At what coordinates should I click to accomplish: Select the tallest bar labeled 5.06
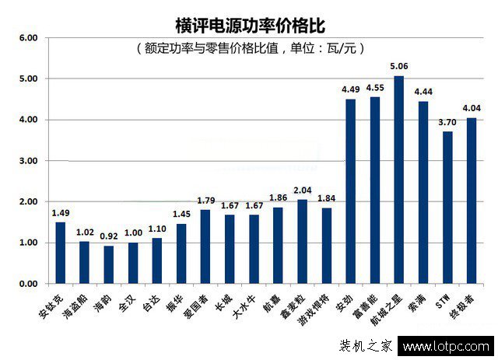click(399, 180)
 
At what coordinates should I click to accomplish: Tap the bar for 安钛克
click(60, 253)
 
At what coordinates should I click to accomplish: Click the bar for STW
click(447, 208)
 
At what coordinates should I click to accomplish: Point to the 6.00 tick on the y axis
click(28, 37)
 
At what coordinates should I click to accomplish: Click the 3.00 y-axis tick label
click(28, 161)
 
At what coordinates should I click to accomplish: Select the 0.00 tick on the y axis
click(28, 284)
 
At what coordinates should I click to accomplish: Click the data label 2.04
click(302, 190)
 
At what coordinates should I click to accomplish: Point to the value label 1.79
click(205, 201)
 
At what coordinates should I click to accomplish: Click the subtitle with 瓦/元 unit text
click(250, 48)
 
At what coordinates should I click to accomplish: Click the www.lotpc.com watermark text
click(446, 347)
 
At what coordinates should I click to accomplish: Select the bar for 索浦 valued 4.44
click(423, 193)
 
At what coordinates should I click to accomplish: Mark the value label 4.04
click(472, 109)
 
